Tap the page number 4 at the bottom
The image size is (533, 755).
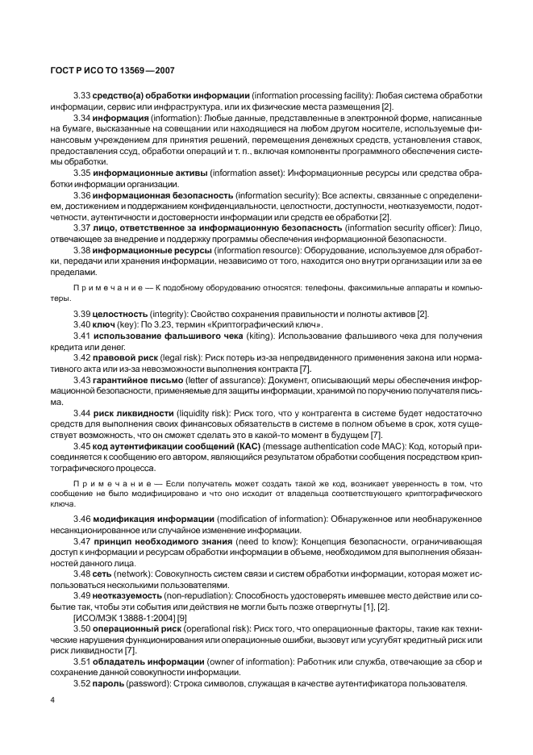point(52,699)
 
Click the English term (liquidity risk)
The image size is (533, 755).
point(208,412)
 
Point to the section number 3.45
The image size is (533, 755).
point(81,445)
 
